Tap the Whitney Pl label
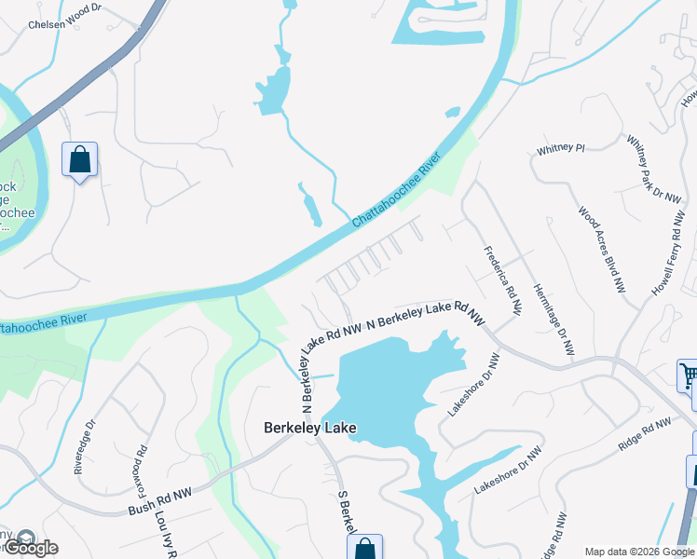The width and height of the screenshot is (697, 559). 560,148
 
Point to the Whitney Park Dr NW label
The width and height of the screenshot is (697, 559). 642,169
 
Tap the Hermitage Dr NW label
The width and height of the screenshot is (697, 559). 552,318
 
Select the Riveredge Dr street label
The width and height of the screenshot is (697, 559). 84,445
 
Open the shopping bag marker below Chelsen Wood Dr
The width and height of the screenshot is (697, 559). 79,159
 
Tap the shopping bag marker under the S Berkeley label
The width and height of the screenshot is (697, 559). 364,549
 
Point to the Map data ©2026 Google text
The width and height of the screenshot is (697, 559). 640,552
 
